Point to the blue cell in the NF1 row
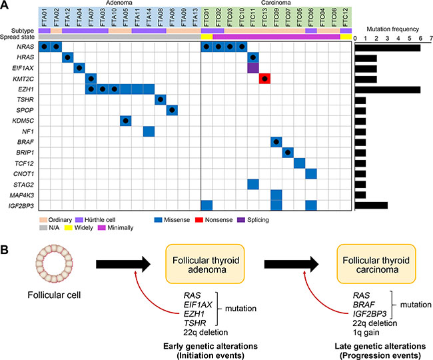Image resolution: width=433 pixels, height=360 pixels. click(149, 131)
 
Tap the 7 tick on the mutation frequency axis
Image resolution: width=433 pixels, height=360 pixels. click(430, 39)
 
